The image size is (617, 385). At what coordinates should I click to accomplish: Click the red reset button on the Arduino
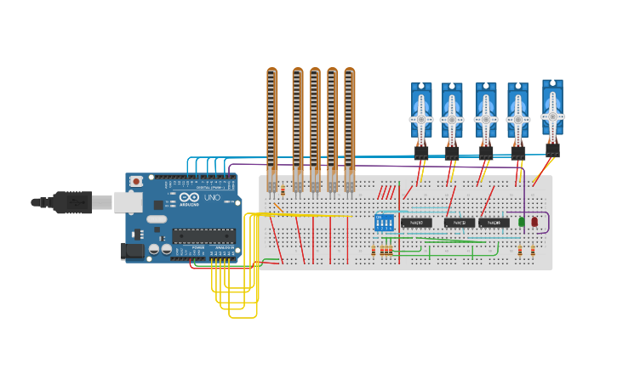coord(136,182)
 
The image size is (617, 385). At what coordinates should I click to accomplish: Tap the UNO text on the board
coord(211,198)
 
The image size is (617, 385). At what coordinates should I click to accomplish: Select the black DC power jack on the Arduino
coord(132,250)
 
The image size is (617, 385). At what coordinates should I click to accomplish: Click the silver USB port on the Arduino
coord(129,201)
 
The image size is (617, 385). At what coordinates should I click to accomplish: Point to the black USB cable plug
coord(72,202)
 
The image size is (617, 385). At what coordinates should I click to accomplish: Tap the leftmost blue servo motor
coord(421,115)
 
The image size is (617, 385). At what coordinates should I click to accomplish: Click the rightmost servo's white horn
coord(552,116)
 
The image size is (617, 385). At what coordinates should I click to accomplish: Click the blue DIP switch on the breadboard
coord(384,223)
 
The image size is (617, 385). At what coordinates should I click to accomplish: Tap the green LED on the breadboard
coord(522,222)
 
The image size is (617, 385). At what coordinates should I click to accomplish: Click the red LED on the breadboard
coord(534,222)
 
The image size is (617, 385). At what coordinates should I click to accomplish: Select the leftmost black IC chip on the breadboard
coord(416,223)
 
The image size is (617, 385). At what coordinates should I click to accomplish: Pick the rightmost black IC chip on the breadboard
coord(494,223)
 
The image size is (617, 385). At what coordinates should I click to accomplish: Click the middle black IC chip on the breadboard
coord(460,223)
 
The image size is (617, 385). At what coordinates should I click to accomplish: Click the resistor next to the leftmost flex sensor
coord(283,190)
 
